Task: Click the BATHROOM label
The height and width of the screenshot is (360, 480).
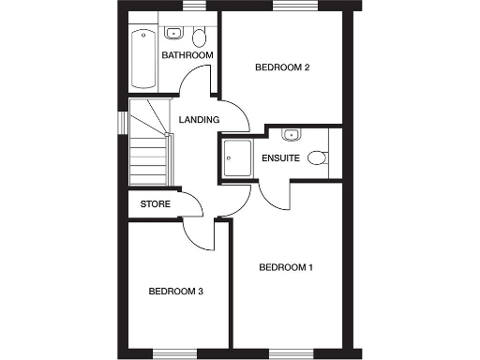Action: tap(187, 56)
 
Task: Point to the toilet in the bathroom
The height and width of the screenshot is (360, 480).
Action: tap(198, 37)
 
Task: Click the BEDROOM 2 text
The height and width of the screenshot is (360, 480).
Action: tap(282, 67)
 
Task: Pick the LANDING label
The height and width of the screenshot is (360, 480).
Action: tap(199, 120)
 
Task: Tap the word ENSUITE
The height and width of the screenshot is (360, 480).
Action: tap(280, 158)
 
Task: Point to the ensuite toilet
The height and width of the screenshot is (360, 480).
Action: tap(318, 158)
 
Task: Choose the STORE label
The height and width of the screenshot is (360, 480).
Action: tap(155, 203)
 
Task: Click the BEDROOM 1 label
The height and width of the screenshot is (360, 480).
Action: tap(285, 268)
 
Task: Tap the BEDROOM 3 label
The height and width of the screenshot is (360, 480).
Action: tap(176, 292)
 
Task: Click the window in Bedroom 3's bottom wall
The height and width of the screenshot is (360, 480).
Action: tap(175, 352)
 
